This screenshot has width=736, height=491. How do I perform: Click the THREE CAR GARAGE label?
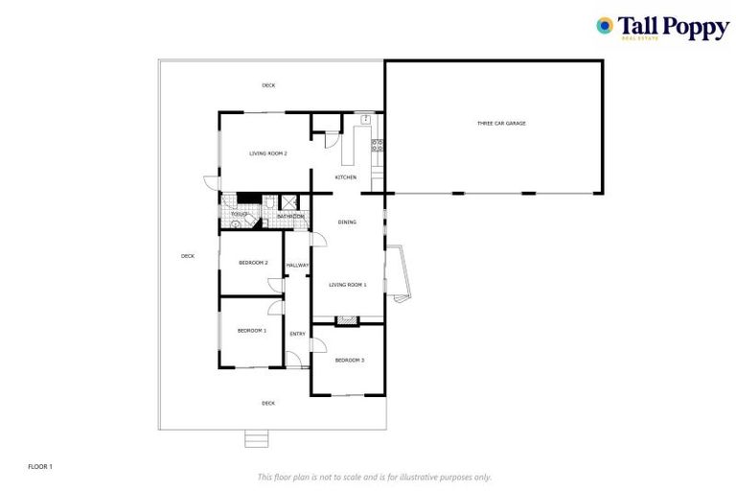(502, 124)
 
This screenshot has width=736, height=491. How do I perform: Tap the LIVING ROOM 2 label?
(268, 153)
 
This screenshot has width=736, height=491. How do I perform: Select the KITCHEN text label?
(345, 177)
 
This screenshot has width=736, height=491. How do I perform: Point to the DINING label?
(347, 222)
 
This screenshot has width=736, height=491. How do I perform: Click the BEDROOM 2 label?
(253, 262)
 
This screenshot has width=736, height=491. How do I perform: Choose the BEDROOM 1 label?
(251, 330)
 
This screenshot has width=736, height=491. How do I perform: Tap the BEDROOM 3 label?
(349, 360)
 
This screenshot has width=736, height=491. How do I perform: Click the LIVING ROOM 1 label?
(348, 285)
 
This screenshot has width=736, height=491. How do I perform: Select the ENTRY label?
(297, 334)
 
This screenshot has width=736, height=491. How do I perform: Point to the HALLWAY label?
(297, 265)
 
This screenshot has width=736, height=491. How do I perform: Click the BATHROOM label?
(290, 217)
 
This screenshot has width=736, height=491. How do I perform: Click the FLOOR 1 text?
(39, 466)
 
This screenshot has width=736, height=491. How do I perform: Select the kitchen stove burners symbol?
(378, 147)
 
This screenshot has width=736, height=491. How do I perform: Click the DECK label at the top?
(268, 86)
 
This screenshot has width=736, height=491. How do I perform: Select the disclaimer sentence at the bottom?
(374, 477)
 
